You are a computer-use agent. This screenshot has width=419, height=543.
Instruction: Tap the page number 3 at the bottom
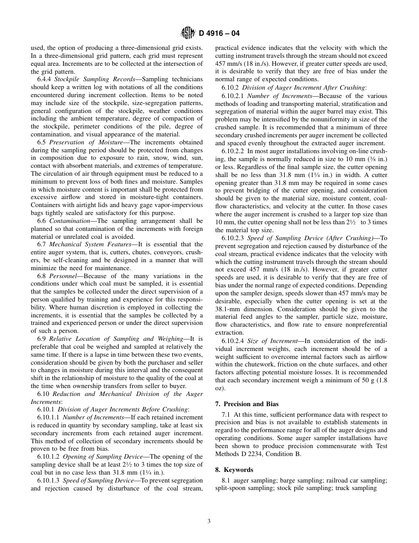pos(209,521)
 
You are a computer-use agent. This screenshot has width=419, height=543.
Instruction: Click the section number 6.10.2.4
pos(232,341)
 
